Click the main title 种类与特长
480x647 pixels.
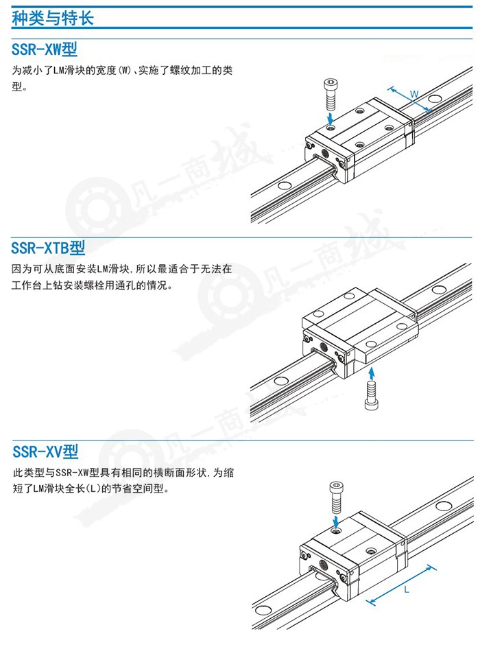click(x=53, y=19)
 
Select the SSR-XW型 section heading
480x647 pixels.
click(x=45, y=49)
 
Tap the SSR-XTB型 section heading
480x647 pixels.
click(x=48, y=248)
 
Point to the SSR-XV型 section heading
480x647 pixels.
click(x=45, y=451)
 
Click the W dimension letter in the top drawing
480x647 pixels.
click(x=414, y=94)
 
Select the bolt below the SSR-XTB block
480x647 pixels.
click(x=372, y=395)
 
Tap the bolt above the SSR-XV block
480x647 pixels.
click(x=337, y=496)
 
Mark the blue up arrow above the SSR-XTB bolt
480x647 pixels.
click(x=372, y=373)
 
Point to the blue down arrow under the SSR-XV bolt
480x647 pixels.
click(x=337, y=520)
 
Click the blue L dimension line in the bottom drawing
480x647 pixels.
click(x=401, y=585)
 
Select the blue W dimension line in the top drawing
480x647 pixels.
click(x=410, y=99)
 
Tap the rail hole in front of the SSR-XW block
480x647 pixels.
click(x=284, y=185)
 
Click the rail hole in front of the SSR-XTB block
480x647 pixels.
click(x=282, y=380)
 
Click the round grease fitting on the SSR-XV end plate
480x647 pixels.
click(x=323, y=564)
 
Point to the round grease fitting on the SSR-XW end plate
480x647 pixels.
click(x=325, y=154)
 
